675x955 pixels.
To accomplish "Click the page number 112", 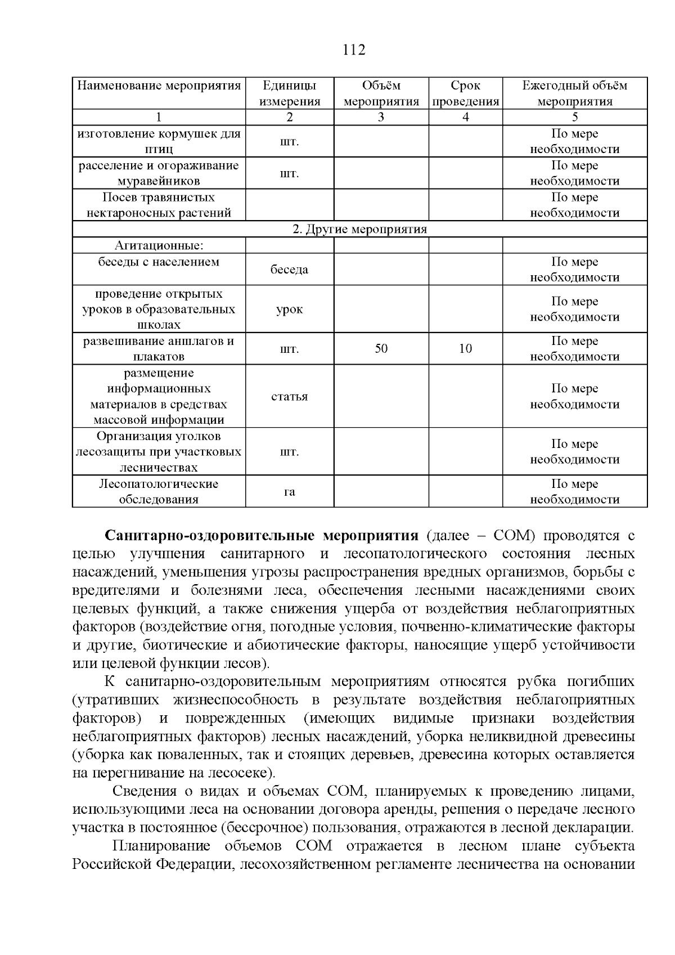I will (x=354, y=50).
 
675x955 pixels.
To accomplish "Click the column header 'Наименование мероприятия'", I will (x=159, y=86).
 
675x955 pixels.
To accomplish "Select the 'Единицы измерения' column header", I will (x=289, y=93).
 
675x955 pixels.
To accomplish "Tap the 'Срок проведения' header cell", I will (x=465, y=93).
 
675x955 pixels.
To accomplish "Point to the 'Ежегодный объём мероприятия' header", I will (x=574, y=93).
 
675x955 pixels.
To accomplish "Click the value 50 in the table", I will (x=381, y=349).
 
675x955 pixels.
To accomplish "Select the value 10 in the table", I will (x=465, y=349).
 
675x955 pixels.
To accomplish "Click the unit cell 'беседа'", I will (x=289, y=270).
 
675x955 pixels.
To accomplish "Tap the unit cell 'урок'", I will (x=289, y=310).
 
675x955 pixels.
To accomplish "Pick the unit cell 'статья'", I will (x=289, y=397).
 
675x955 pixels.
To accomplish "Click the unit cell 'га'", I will (x=289, y=492).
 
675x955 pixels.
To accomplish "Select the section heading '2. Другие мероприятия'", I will (x=359, y=230).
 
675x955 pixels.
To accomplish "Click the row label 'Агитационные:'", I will (x=159, y=246).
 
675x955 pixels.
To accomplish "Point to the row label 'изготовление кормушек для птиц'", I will (x=159, y=141).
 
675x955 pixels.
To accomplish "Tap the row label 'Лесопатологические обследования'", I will (x=159, y=492).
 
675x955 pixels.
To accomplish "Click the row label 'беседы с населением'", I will (x=159, y=262).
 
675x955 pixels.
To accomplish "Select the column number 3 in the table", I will (x=381, y=118).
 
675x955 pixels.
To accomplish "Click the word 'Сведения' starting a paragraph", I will (x=145, y=791).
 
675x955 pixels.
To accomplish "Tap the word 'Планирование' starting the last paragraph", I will (x=161, y=846).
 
